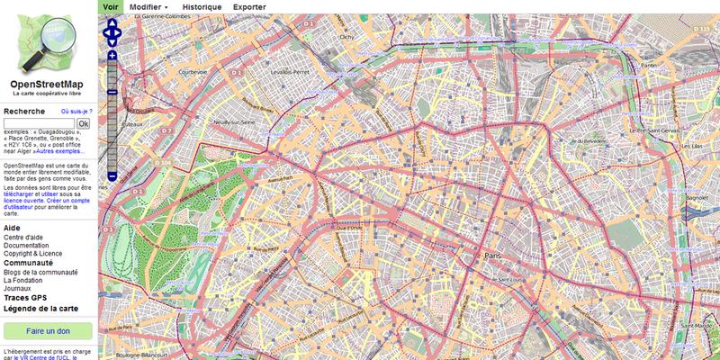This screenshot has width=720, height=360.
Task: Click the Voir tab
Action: coord(110,5)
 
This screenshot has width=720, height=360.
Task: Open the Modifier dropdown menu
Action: coord(148,5)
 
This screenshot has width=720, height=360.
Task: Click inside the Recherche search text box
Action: coord(40,123)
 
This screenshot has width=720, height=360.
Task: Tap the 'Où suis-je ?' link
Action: coord(76,112)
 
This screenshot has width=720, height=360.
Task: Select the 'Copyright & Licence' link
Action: coord(34,253)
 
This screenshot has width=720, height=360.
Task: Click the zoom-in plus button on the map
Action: coord(112,56)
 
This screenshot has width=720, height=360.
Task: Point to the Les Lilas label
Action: coord(690,146)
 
